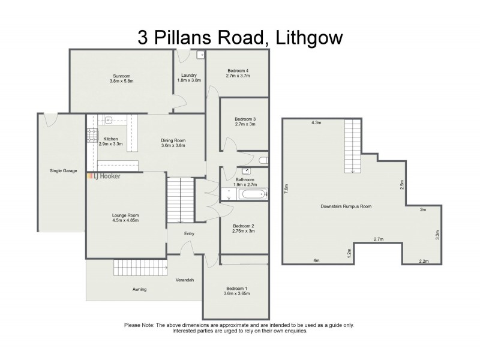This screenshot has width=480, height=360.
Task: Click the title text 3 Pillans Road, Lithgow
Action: coord(240,38)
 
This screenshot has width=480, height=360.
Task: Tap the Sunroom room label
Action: coord(122,76)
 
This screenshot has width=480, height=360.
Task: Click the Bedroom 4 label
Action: coord(238,71)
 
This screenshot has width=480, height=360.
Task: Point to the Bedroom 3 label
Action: coord(245,119)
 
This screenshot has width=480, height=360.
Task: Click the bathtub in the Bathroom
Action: coord(243,194)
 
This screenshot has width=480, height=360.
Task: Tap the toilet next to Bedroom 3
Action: coord(262,160)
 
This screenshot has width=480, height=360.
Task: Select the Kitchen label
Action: coord(110,139)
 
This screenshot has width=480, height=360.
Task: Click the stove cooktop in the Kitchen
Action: coord(94,135)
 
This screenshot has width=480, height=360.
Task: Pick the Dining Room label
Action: coord(173,140)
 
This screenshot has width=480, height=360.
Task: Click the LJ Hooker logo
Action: coord(104,176)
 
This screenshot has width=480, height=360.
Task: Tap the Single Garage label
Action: coord(63,170)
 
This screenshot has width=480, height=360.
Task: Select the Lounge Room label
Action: coord(125,215)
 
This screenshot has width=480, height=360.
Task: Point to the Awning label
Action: coord(139,289)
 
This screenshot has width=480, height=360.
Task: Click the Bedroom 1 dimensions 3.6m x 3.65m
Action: coord(236,293)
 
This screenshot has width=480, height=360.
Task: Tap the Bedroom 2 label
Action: coord(244,226)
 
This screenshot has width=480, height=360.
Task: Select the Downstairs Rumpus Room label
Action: coord(346,206)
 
